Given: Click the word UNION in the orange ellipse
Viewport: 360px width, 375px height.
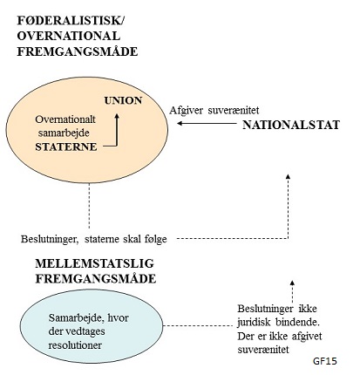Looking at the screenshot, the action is pos(123,100).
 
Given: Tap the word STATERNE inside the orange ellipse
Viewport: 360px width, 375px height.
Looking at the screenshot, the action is pos(66,147).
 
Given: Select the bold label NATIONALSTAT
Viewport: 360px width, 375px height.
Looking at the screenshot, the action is pos(291,125).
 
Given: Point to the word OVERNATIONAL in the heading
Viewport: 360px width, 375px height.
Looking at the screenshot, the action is pos(69,36).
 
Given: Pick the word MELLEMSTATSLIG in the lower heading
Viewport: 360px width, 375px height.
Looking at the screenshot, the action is pos(95,263).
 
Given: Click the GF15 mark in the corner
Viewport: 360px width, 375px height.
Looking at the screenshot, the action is pos(325,361).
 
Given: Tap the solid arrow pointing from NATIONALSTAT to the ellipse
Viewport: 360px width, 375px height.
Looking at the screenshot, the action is pos(207,123).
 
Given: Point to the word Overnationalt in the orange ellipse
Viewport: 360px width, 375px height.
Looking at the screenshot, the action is pos(65,119).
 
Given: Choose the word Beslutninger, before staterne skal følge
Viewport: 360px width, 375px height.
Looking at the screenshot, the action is pos(50,239).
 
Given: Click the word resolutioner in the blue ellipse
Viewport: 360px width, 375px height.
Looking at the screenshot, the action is pos(75,345).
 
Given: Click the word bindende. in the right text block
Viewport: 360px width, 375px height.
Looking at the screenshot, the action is pos(295,323).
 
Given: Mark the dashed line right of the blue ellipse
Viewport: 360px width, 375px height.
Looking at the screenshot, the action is pos(198,325).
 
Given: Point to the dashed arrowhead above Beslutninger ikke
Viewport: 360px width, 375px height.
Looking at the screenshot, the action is pos(293,283).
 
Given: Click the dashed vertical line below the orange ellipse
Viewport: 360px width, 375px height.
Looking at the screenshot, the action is pos(89,206).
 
